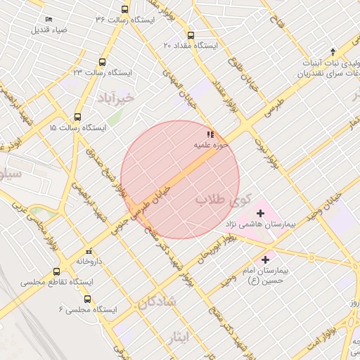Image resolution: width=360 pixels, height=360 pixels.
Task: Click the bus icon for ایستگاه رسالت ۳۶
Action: click(x=125, y=10)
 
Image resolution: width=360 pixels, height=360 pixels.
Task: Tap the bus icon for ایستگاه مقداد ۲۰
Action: click(x=191, y=35)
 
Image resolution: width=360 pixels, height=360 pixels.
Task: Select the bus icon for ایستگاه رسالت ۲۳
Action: click(x=103, y=62)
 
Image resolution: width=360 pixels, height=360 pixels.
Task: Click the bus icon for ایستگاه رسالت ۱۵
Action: click(x=77, y=117)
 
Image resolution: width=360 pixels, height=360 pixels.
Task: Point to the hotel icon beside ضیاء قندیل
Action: click(x=48, y=18)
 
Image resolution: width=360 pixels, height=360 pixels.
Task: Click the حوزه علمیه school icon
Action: click(x=210, y=134)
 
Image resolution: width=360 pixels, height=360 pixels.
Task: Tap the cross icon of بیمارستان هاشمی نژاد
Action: click(x=260, y=212)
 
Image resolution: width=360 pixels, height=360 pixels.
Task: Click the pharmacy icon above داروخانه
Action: click(x=88, y=251)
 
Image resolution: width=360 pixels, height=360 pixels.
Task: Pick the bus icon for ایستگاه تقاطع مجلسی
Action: click(x=57, y=271)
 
